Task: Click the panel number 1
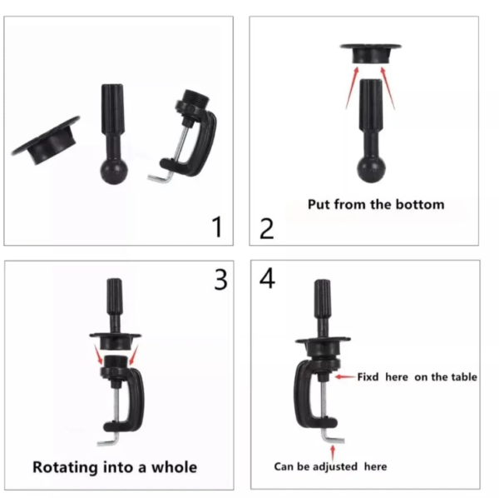pyautogui.click(x=217, y=227)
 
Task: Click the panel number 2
pyautogui.click(x=267, y=228)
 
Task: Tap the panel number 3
pyautogui.click(x=221, y=280)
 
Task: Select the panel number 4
pyautogui.click(x=267, y=278)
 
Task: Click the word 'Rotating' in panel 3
pyautogui.click(x=65, y=468)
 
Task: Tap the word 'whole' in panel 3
pyautogui.click(x=174, y=467)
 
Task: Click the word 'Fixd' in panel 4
pyautogui.click(x=368, y=377)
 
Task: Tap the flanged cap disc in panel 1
pyautogui.click(x=46, y=141)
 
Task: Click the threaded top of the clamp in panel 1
pyautogui.click(x=196, y=97)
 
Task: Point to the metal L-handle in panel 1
pyautogui.click(x=161, y=177)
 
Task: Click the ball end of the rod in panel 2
pyautogui.click(x=371, y=170)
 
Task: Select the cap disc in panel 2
pyautogui.click(x=371, y=53)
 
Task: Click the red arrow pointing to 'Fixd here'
pyautogui.click(x=345, y=377)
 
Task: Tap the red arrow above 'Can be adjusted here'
pyautogui.click(x=333, y=453)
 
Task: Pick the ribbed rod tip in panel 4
pyautogui.click(x=323, y=298)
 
